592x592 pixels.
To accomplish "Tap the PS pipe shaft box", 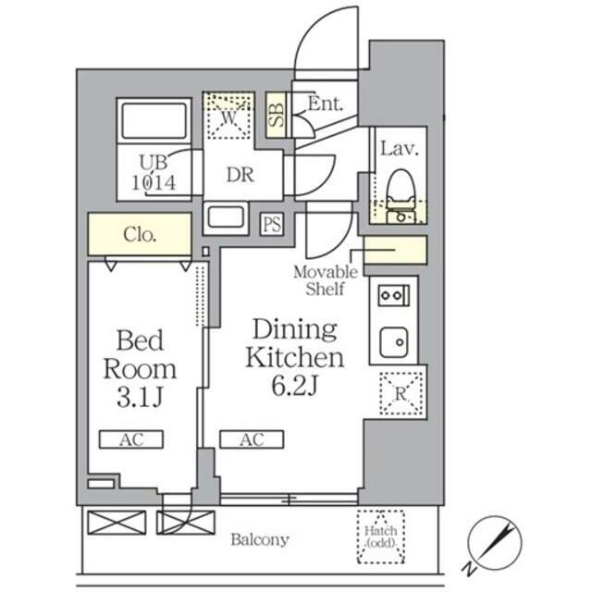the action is pos(272,224).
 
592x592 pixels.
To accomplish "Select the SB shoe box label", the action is pos(277,115).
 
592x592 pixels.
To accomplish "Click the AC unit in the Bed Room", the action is pos(131,439).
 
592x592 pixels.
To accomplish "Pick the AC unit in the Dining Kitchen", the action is pos(252,439).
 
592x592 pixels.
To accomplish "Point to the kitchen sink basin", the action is pos(394,342).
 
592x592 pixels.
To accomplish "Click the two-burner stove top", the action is pos(393,295).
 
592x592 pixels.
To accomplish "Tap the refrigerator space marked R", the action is pos(401,394).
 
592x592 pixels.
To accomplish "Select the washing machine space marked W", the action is pos(228,115).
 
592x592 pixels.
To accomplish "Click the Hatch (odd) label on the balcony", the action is pos(380,536).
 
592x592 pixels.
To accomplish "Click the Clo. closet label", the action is pos(140,235).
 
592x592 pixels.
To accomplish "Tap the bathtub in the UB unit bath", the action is pos(154,121).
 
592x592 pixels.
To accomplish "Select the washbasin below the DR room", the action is pos(226,217).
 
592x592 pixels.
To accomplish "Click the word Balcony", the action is pos(260,540).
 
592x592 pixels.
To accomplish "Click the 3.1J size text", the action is pos(140,397).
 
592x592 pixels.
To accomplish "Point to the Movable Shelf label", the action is pos(326,280).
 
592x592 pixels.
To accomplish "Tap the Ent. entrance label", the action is pos(326,104).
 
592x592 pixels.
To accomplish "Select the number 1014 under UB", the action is pos(154,183).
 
